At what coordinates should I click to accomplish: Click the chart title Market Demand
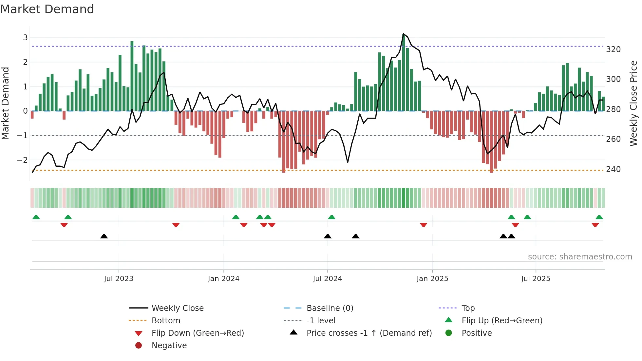pos(47,9)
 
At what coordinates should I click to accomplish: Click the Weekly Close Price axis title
pos(633,103)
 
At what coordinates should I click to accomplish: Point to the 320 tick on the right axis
pos(613,49)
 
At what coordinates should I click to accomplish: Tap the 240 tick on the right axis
pos(613,169)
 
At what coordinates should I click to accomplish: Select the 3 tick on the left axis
pos(25,38)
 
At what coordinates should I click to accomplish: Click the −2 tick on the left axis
pos(23,160)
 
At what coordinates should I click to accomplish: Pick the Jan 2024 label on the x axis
pos(223,279)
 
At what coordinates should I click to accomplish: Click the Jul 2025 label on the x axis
pos(536,279)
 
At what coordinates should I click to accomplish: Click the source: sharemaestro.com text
pos(580,257)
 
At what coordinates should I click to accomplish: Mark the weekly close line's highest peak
pos(403,34)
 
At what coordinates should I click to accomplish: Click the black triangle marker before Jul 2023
pos(104,236)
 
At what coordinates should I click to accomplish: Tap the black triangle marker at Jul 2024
pos(328,236)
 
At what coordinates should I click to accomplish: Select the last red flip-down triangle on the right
pos(595,225)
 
